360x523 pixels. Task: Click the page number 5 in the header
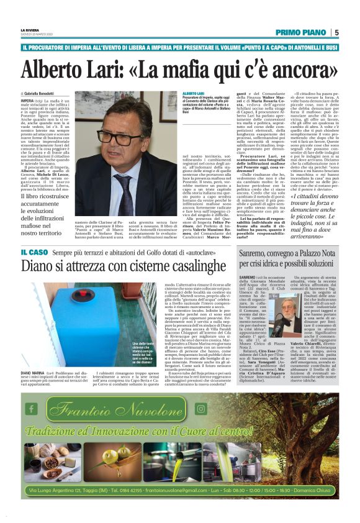(x=336, y=33)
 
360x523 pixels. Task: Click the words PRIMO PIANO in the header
(x=301, y=33)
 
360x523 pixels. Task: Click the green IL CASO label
(x=34, y=251)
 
